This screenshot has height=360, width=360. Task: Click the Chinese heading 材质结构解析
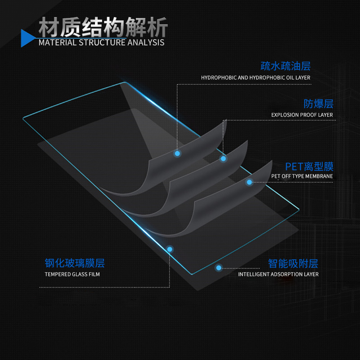(103, 27)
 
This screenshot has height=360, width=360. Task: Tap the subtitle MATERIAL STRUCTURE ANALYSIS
(102, 43)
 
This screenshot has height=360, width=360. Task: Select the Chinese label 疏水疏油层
(285, 67)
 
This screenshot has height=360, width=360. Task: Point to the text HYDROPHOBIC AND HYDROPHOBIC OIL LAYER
(256, 78)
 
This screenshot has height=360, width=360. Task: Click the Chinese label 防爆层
(318, 104)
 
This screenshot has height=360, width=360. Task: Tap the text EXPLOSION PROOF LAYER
(302, 115)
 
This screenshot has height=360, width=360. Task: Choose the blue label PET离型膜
(309, 166)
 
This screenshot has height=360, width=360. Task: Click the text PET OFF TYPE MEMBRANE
(302, 176)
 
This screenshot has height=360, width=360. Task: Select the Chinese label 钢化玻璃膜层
(75, 263)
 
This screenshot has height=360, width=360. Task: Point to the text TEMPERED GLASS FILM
(72, 274)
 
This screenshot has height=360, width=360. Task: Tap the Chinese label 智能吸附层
(293, 263)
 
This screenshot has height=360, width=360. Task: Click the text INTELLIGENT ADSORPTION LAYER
(278, 274)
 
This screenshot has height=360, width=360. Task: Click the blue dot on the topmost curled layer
(177, 153)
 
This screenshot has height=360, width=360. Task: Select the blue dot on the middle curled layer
(223, 158)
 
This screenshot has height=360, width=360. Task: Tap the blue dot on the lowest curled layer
(249, 182)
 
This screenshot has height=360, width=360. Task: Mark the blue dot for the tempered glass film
(170, 249)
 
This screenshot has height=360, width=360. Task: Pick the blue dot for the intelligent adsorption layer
(219, 267)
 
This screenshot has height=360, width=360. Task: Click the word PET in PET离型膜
(294, 166)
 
